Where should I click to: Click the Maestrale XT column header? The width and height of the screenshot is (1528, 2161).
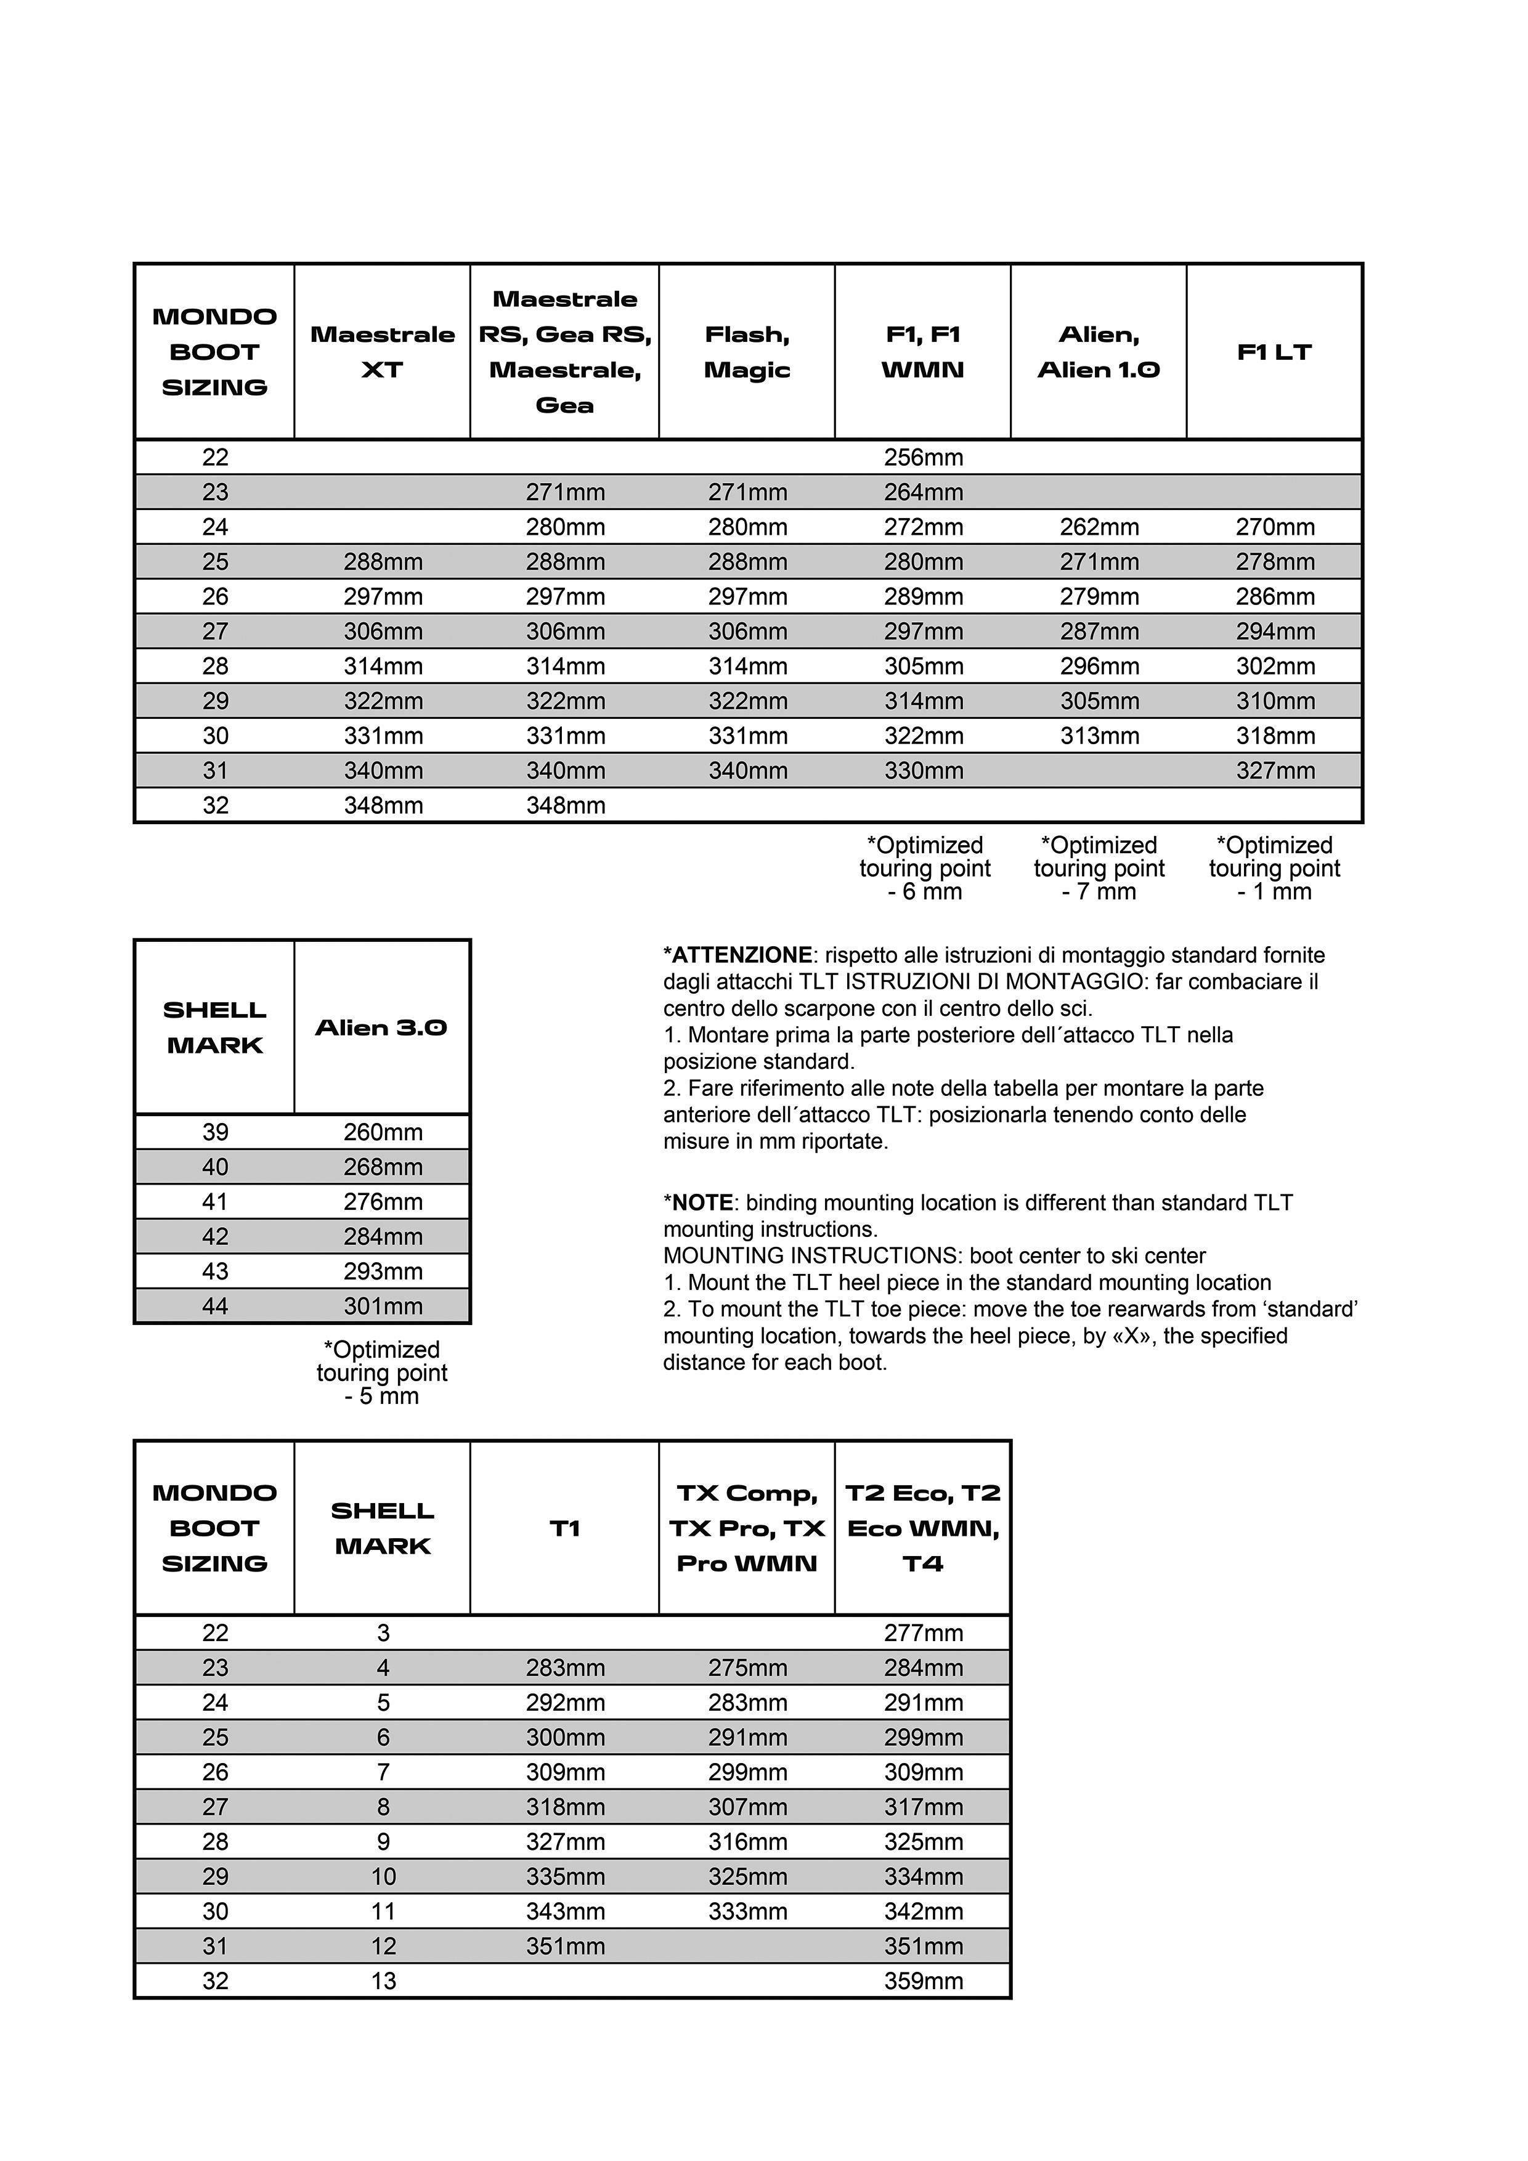point(382,351)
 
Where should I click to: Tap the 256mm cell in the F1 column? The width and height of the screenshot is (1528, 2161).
point(922,458)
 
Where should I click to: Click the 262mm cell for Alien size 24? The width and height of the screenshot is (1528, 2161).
point(1099,527)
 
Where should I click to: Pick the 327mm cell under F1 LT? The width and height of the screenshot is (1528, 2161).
point(1275,771)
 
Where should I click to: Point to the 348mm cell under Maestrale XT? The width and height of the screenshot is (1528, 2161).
point(382,806)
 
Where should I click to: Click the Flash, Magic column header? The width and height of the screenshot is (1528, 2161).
point(747,351)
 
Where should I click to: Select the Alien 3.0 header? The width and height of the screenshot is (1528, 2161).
point(381,1027)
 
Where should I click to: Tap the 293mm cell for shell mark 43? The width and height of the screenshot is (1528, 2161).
point(382,1271)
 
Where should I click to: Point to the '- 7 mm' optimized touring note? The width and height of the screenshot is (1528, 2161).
point(1098,891)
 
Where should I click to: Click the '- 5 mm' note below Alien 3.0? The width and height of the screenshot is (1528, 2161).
point(381,1396)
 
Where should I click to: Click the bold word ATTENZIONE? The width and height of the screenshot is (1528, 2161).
point(741,955)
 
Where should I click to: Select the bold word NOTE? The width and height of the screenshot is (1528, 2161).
point(701,1203)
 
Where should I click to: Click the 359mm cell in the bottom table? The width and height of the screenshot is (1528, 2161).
point(922,1981)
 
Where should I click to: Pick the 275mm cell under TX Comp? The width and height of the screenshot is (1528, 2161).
point(747,1668)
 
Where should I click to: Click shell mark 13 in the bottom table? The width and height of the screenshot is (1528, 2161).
point(382,1981)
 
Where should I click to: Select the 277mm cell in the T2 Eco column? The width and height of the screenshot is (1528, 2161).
point(922,1633)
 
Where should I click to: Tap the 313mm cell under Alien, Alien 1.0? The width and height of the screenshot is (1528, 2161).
point(1099,736)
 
